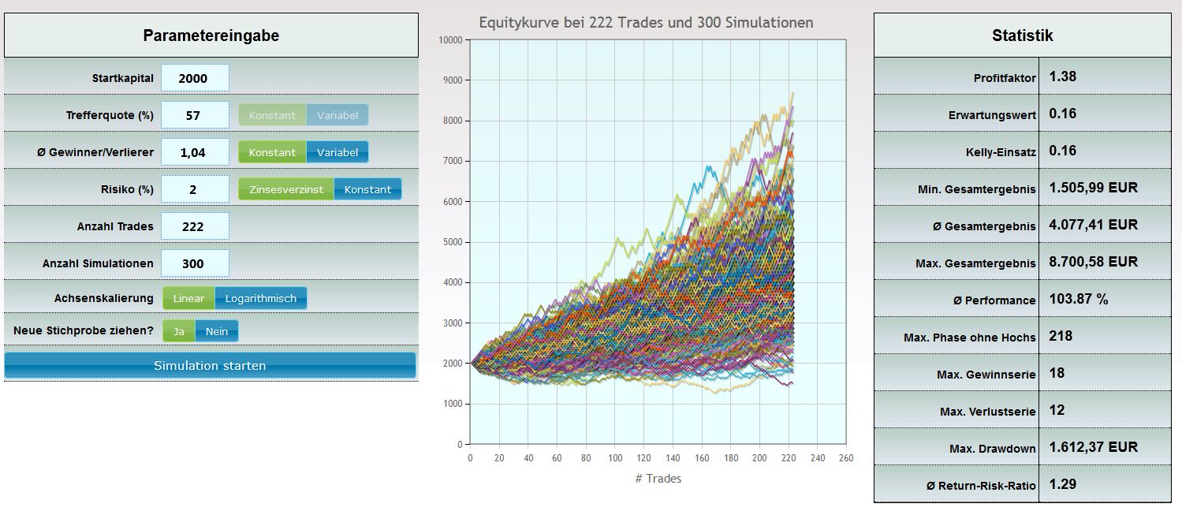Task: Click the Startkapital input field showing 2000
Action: tap(194, 78)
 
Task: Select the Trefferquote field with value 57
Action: tap(194, 115)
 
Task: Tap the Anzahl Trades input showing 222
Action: tap(194, 226)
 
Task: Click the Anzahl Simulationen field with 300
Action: tap(194, 263)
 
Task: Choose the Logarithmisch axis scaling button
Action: tap(260, 298)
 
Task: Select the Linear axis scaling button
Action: tap(188, 298)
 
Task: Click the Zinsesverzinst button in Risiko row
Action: tap(285, 189)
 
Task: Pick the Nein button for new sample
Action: tap(216, 331)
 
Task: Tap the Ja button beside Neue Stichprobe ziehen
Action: tap(179, 331)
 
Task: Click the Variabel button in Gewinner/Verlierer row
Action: tap(337, 152)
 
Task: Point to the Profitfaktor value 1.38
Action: tap(1062, 76)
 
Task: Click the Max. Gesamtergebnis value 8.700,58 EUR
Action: tap(1093, 262)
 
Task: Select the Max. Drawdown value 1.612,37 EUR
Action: tap(1093, 447)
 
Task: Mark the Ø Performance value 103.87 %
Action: tap(1078, 300)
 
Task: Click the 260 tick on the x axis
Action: tap(846, 457)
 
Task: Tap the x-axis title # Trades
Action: tap(658, 478)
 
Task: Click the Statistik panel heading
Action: tap(1022, 35)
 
